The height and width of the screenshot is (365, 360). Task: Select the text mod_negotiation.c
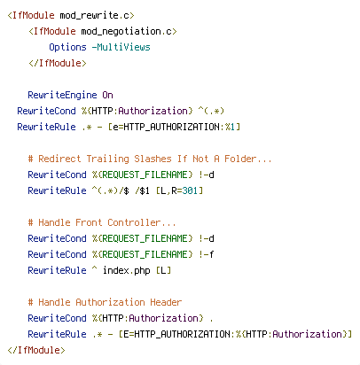pos(127,31)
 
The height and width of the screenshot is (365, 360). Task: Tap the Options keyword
pos(67,47)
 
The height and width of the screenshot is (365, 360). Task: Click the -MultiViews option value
pos(121,47)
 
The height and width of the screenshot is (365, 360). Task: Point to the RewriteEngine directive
pos(62,95)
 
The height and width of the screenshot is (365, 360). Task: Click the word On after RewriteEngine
pos(107,95)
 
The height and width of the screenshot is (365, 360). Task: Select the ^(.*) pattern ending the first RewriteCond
pos(211,111)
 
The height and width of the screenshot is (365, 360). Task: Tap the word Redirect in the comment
pos(59,159)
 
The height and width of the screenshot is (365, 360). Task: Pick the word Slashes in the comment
pos(153,159)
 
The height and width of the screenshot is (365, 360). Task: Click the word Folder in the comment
pos(240,159)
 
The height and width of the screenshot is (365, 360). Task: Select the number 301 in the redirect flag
pos(190,190)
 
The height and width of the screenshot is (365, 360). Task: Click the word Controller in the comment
pos(134,222)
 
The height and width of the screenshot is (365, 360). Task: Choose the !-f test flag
pos(207,254)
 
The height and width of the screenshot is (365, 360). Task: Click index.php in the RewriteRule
pos(127,270)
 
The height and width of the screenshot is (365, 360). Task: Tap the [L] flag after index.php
pos(163,270)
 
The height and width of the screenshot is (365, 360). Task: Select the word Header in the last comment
pos(166,302)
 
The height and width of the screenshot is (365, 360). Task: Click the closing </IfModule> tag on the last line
pos(36,350)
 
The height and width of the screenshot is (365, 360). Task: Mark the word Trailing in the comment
pos(107,159)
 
